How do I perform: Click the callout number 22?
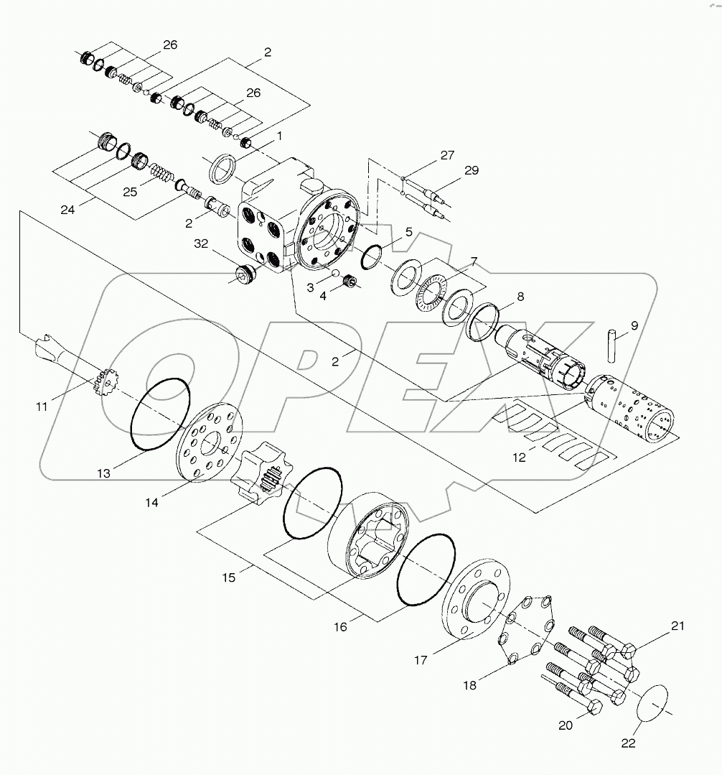click(x=629, y=743)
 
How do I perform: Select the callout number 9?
click(x=634, y=325)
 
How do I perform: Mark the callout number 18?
click(x=469, y=685)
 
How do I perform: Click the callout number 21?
click(x=678, y=626)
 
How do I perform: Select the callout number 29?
click(x=471, y=170)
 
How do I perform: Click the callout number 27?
click(x=447, y=155)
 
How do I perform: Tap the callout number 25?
click(x=130, y=192)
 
